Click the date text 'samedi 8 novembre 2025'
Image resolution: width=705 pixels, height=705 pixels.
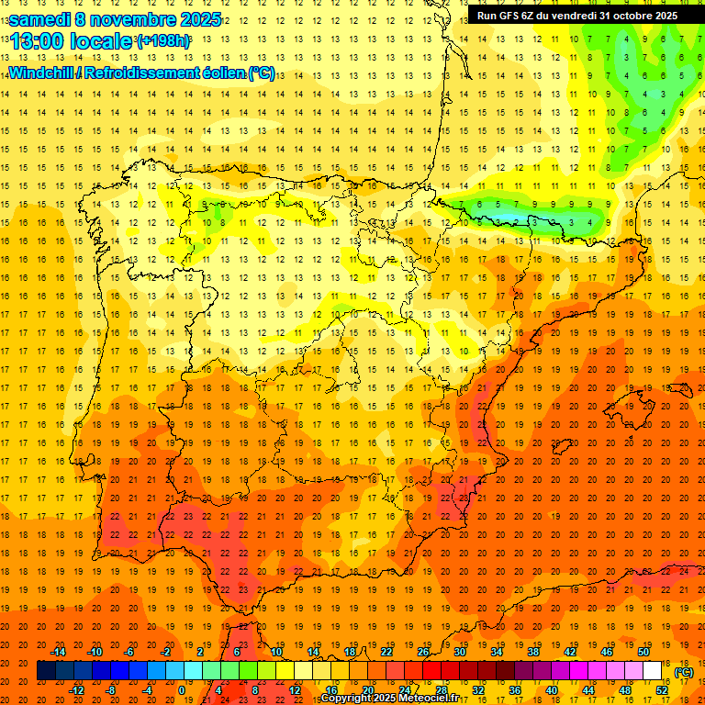115,19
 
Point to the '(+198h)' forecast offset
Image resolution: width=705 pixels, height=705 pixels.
163,41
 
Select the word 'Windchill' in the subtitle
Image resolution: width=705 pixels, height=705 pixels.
42,73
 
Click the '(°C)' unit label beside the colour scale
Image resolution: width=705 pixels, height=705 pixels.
683,672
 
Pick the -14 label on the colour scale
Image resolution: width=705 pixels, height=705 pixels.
58,652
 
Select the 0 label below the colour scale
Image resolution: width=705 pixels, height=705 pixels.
181,690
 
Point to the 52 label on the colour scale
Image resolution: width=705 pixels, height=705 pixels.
662,690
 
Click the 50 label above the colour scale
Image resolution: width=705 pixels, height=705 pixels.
643,652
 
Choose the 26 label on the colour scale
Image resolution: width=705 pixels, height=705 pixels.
423,652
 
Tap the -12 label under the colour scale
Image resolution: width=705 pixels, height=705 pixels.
76,690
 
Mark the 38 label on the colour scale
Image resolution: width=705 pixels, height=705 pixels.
533,652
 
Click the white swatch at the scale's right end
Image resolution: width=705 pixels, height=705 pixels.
653,671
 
